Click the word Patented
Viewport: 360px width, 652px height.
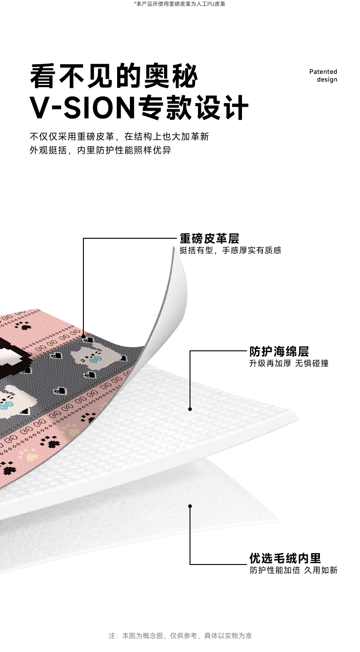(x=323, y=72)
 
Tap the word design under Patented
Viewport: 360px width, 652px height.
(x=327, y=80)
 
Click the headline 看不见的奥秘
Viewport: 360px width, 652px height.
(x=114, y=76)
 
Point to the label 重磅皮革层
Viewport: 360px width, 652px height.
(x=209, y=238)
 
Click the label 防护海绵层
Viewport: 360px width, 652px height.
(x=279, y=351)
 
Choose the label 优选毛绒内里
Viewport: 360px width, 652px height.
(x=285, y=558)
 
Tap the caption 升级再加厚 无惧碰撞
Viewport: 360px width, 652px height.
(x=288, y=363)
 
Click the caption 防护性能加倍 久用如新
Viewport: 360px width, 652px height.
(x=293, y=570)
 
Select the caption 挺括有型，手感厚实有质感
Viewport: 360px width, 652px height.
(x=230, y=250)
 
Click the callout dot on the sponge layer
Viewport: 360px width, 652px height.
(x=190, y=409)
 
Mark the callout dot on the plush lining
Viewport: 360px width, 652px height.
(x=190, y=506)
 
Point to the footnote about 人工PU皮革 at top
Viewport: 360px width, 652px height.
(x=180, y=4)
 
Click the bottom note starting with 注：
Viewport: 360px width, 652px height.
(x=180, y=636)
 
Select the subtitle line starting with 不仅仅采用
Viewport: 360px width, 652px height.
(x=119, y=136)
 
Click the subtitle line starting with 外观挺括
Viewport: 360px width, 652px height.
(x=100, y=150)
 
